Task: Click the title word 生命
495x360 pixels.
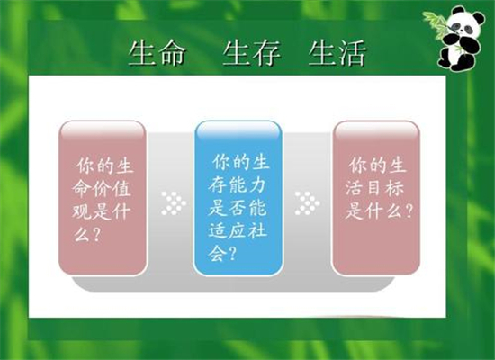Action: pyautogui.click(x=157, y=53)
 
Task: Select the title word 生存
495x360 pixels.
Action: pyautogui.click(x=252, y=53)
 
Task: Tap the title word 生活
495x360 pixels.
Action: pyautogui.click(x=337, y=53)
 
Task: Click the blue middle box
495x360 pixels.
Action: pyautogui.click(x=238, y=198)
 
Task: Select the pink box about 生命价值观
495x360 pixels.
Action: pyautogui.click(x=103, y=198)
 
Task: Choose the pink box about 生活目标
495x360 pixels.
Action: pyautogui.click(x=376, y=198)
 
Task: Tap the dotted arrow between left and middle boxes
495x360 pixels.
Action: pyautogui.click(x=174, y=203)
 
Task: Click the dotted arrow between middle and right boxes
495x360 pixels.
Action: pyautogui.click(x=307, y=203)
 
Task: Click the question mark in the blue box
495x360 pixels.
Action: pyautogui.click(x=233, y=253)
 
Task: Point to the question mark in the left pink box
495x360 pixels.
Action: pyautogui.click(x=96, y=235)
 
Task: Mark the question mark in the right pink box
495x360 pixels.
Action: pyautogui.click(x=409, y=211)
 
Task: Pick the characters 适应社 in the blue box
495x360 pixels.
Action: pyautogui.click(x=238, y=230)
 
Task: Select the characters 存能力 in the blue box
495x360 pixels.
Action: pyautogui.click(x=237, y=185)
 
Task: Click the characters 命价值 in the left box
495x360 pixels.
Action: pyautogui.click(x=102, y=189)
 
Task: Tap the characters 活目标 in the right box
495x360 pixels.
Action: pyautogui.click(x=374, y=188)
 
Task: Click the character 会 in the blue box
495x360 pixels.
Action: pyautogui.click(x=217, y=254)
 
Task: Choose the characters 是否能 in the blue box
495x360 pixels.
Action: pyautogui.click(x=238, y=208)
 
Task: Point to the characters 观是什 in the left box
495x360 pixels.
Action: pyautogui.click(x=102, y=211)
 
